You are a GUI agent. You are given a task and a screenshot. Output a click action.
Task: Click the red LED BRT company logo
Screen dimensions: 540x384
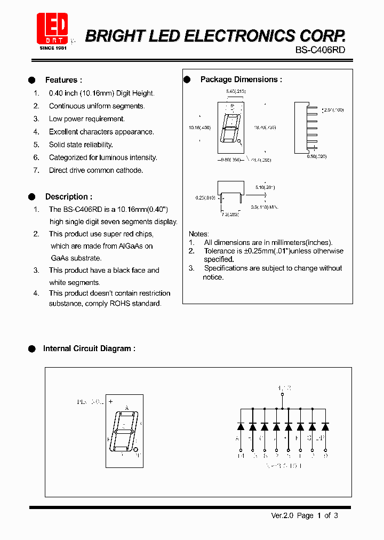coord(52,29)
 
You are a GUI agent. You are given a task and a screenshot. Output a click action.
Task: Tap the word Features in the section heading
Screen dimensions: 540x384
coord(61,80)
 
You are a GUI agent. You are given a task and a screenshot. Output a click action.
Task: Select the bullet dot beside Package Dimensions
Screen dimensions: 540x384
coord(187,80)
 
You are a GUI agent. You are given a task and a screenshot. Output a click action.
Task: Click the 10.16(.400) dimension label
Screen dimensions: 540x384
coord(199,128)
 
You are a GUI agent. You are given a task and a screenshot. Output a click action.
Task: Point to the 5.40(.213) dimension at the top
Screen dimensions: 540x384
coord(235,92)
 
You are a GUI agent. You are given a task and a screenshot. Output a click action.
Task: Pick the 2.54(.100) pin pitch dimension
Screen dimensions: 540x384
coord(333,109)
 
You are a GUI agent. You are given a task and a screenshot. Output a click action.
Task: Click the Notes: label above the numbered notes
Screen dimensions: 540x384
coord(199,234)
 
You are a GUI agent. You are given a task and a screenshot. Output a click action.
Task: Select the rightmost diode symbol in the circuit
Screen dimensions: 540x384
coord(325,426)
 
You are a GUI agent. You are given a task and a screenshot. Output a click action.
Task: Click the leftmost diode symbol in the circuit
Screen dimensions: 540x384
coord(241,426)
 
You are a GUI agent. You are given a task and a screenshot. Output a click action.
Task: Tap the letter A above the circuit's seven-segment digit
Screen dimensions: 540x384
coord(127,408)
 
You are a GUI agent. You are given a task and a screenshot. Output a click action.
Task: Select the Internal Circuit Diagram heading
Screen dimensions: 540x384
coord(89,348)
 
